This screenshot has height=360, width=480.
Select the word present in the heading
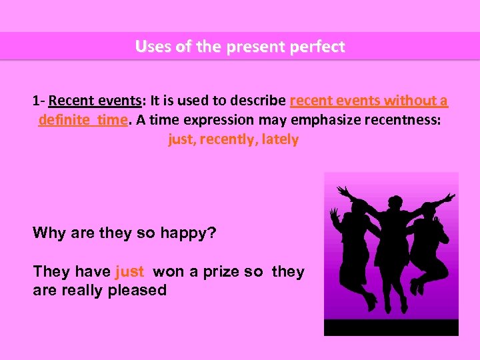[251, 47]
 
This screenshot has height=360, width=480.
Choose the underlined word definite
[64, 120]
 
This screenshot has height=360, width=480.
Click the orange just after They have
[129, 272]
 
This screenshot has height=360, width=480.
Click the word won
[166, 272]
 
